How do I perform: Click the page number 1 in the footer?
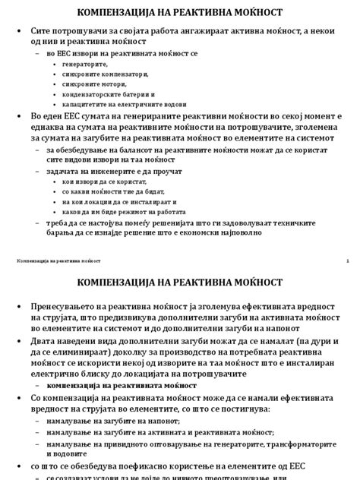pyautogui.click(x=346, y=262)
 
